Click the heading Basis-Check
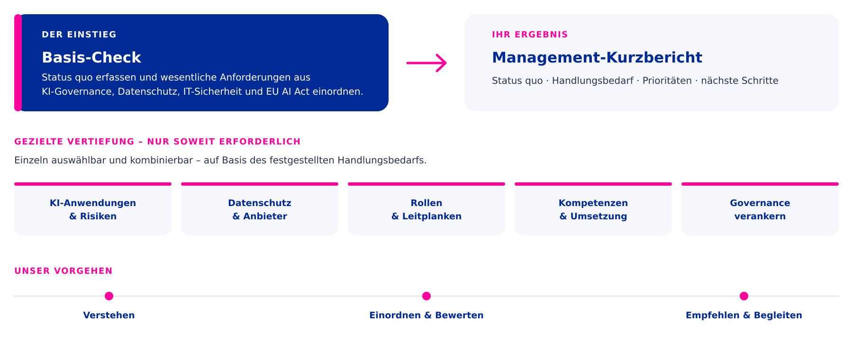(91, 57)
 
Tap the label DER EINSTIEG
(79, 35)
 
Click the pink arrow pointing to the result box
(426, 63)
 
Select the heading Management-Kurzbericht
(597, 57)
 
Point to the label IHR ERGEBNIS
(530, 35)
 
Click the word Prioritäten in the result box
(667, 81)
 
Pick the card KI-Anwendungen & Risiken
(93, 209)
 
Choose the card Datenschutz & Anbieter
(260, 209)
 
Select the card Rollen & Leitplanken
(426, 209)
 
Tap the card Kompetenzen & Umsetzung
(593, 209)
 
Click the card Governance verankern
(760, 209)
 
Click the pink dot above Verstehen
(109, 296)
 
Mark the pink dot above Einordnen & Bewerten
(426, 296)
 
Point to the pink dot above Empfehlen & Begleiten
(744, 296)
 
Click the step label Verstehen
(109, 315)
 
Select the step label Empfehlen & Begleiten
(744, 315)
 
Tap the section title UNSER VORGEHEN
(64, 271)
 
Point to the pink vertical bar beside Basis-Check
(18, 63)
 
